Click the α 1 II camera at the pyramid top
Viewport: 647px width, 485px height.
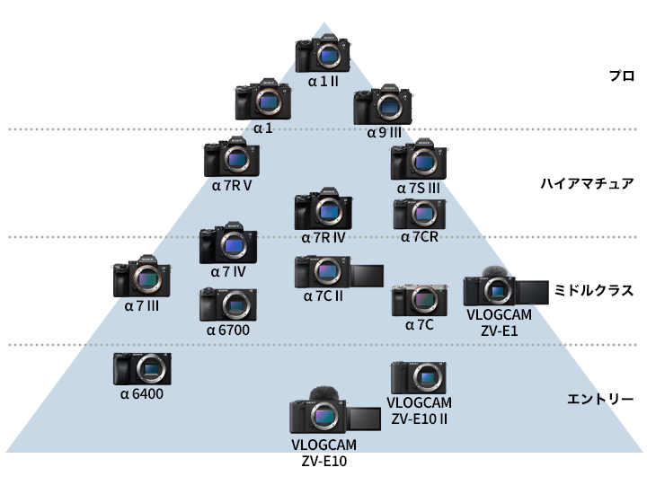click(323, 55)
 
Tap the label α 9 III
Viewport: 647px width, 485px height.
click(384, 132)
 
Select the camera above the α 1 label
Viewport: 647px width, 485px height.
click(262, 103)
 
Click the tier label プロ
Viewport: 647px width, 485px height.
click(621, 76)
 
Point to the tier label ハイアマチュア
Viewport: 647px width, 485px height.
click(587, 183)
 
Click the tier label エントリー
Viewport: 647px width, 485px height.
click(601, 398)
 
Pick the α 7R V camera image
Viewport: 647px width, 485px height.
click(232, 159)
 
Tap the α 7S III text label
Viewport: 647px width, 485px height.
click(418, 189)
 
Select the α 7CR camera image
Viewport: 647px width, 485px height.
click(419, 214)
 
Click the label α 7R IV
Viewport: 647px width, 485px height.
click(323, 237)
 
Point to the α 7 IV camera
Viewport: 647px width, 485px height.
click(228, 244)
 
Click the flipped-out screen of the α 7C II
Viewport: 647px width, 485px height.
click(364, 275)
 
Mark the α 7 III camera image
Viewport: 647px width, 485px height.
click(141, 280)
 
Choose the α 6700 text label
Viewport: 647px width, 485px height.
click(227, 330)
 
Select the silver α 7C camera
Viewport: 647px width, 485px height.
click(419, 300)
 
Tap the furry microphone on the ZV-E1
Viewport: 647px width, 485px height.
click(491, 273)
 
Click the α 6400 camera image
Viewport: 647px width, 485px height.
click(142, 369)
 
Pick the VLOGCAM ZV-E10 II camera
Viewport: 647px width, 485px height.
click(419, 377)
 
